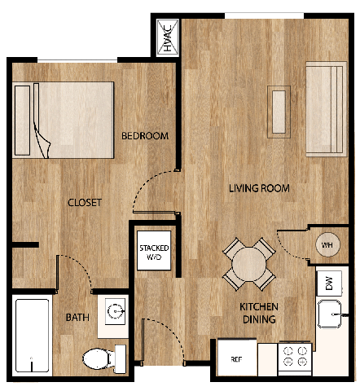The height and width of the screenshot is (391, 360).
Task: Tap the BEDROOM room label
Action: tap(144, 136)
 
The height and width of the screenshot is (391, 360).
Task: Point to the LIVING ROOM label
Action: tap(259, 188)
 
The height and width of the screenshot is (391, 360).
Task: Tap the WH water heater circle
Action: tap(327, 245)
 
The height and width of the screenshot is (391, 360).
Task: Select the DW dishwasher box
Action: tap(329, 283)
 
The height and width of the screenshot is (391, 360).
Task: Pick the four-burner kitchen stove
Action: tap(295, 357)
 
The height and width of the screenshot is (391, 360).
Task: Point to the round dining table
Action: tap(248, 264)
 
